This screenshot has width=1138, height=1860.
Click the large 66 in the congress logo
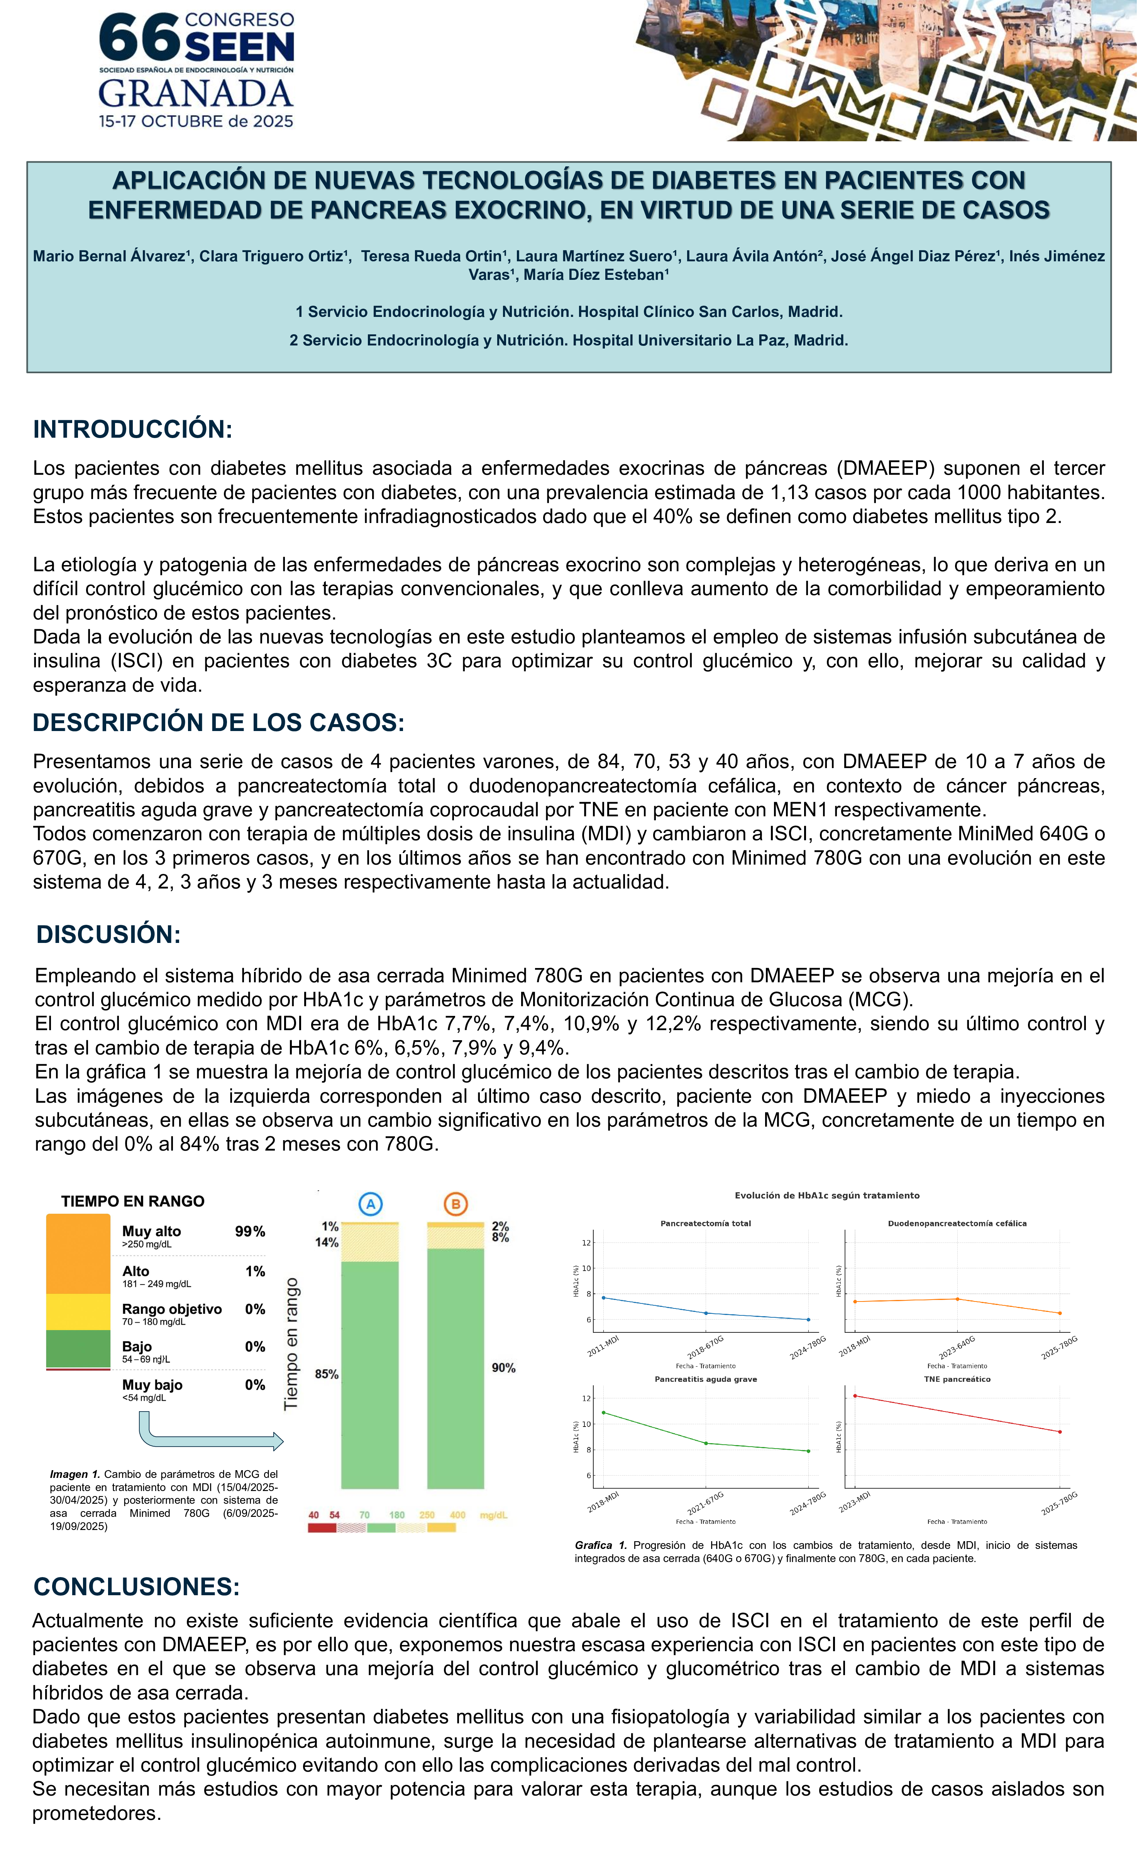[140, 39]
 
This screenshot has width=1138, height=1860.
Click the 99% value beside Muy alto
[250, 1231]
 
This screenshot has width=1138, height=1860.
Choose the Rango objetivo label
[172, 1309]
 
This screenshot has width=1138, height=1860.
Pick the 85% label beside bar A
[327, 1374]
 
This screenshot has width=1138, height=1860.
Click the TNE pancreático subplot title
[957, 1379]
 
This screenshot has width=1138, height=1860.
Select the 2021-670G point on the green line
[706, 1443]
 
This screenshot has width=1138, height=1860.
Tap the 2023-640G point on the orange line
[957, 1299]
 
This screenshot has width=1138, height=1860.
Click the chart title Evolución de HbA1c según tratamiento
[827, 1196]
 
